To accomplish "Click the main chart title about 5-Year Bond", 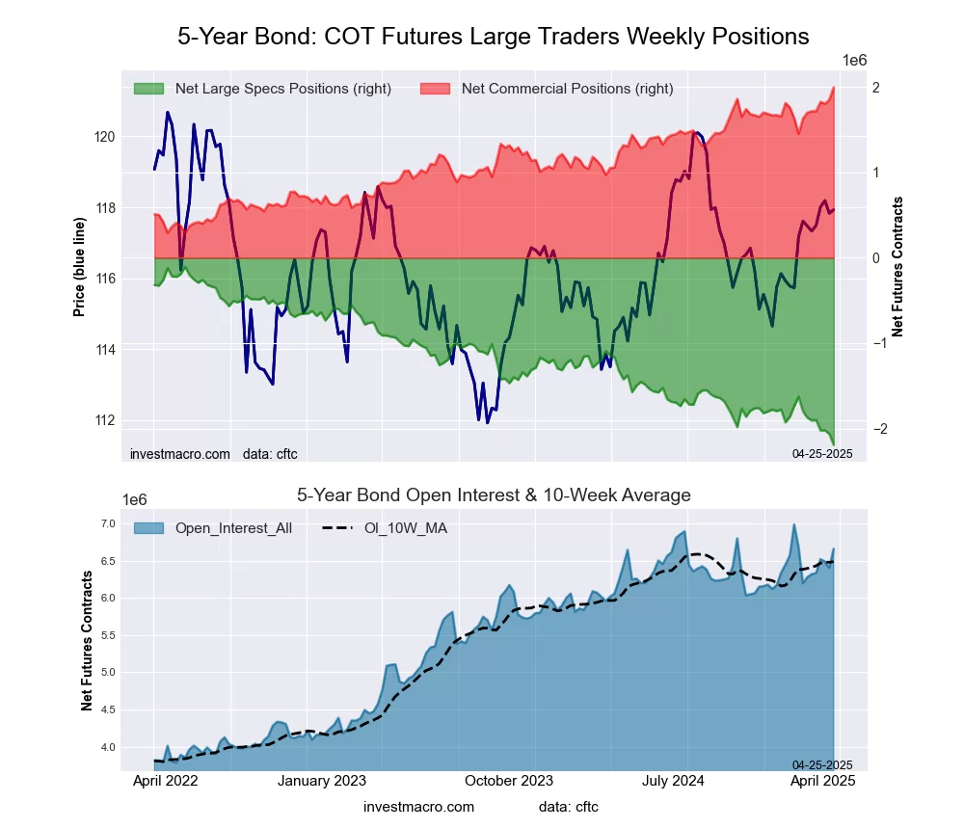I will point(493,37).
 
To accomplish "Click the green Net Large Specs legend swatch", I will point(149,89).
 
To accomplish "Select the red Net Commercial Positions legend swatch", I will point(436,89).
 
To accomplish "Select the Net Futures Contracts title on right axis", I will point(897,267).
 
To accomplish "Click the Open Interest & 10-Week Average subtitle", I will point(493,495).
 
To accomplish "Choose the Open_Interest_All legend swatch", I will point(149,527).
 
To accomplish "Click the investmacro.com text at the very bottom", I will point(418,806).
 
